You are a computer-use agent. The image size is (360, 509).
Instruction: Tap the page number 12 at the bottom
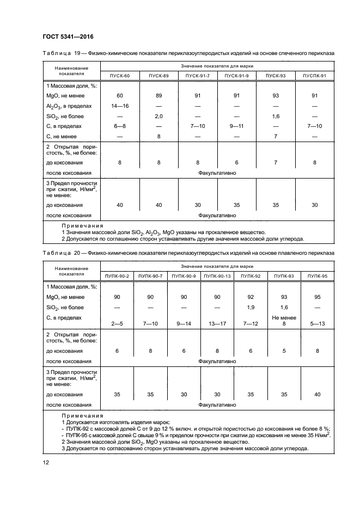[x=45, y=463]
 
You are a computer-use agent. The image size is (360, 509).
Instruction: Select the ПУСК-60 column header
[x=120, y=76]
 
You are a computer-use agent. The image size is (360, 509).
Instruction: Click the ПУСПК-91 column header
[x=315, y=76]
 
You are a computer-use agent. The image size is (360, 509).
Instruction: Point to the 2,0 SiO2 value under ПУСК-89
[x=159, y=116]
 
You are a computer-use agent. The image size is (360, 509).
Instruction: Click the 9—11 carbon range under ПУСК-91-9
[x=237, y=126]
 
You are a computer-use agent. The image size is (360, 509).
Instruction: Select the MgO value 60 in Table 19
[x=120, y=96]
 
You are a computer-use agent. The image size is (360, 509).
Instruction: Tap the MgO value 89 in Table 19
[x=159, y=96]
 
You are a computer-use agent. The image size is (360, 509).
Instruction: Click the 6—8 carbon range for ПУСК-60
[x=120, y=126]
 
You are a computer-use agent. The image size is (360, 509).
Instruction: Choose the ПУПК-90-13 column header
[x=217, y=277]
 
